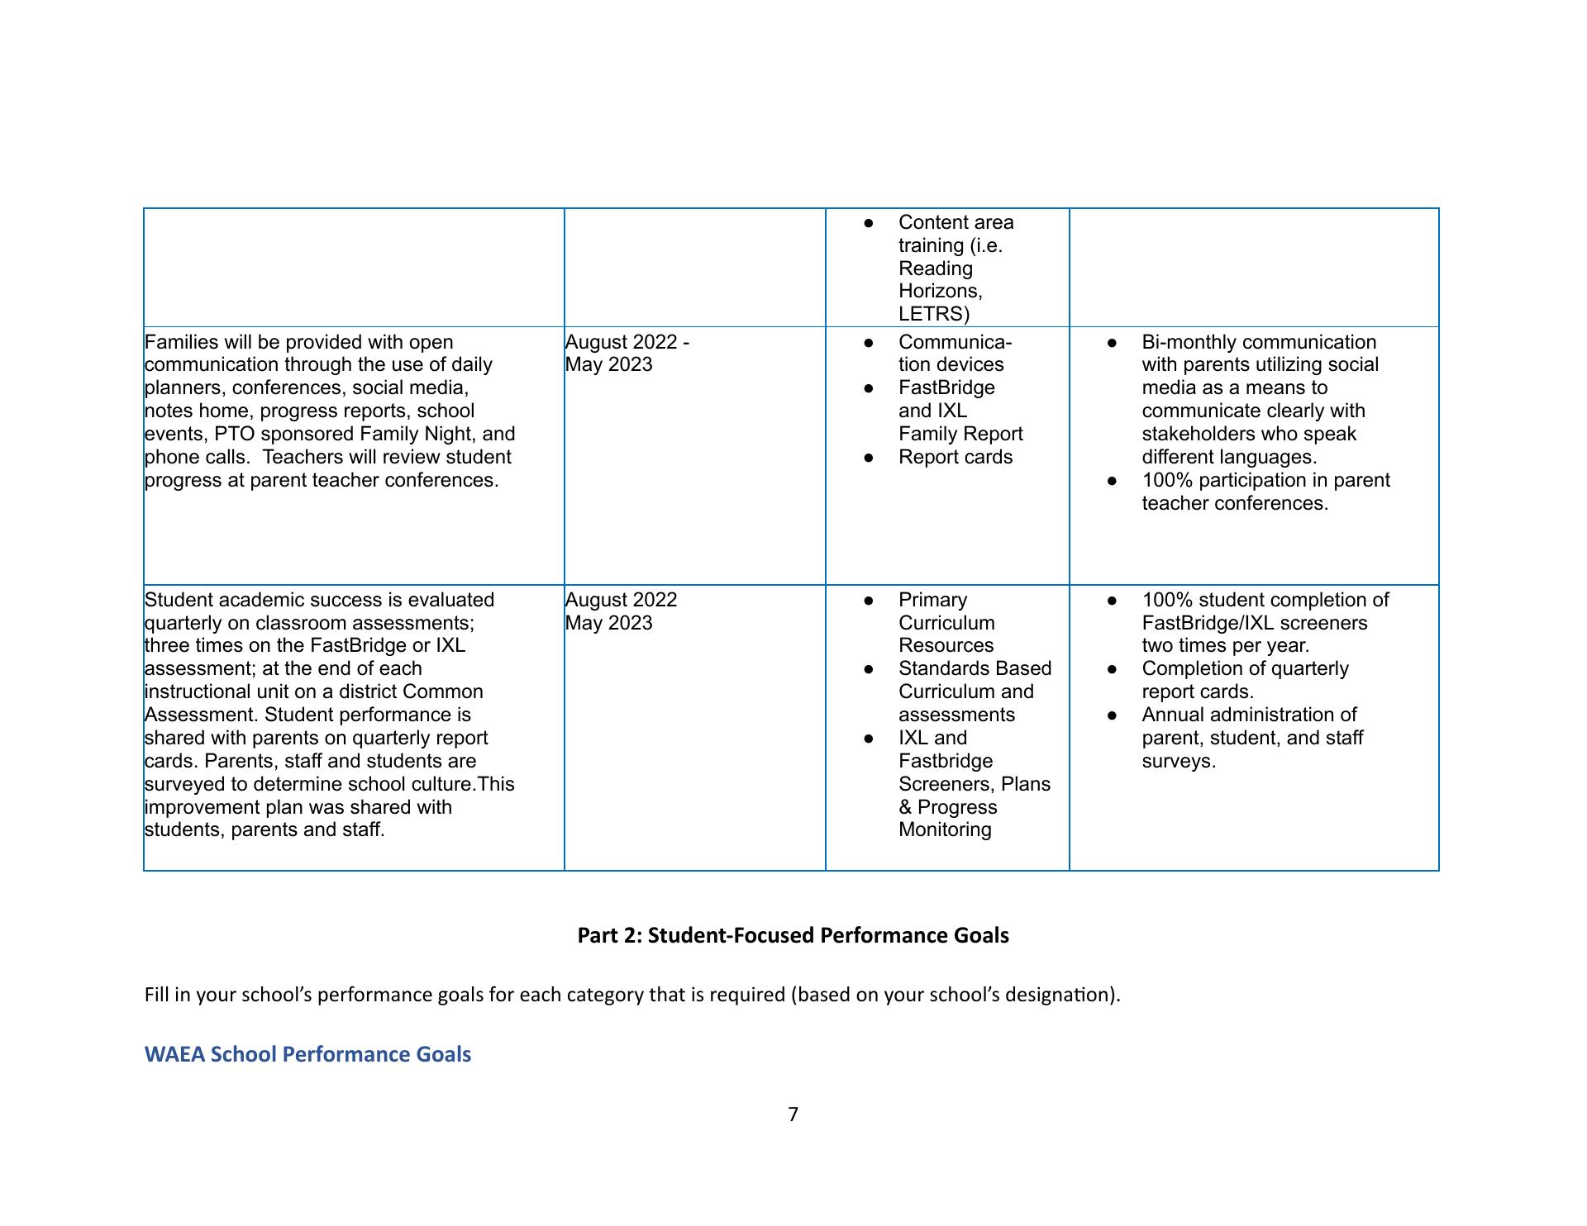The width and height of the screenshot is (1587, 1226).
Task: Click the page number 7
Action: [793, 1114]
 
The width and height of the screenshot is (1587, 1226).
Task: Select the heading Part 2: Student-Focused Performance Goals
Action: [793, 935]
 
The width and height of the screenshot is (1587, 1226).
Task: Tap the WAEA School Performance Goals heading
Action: [307, 1054]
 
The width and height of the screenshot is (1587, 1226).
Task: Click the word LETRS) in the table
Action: [934, 314]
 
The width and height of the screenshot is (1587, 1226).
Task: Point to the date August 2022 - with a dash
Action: [627, 342]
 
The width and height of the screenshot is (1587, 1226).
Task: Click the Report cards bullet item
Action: [955, 457]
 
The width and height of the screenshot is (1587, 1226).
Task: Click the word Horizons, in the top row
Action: [940, 291]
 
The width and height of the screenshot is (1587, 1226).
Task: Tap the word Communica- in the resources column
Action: [955, 342]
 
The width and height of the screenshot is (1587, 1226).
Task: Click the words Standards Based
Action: [975, 668]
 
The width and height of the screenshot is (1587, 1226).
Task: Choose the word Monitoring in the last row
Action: [945, 829]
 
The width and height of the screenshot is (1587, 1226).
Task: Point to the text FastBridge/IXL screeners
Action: [1254, 623]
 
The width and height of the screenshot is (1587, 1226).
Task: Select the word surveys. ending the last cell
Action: [1179, 761]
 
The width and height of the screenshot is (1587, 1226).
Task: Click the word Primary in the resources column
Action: [932, 600]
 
